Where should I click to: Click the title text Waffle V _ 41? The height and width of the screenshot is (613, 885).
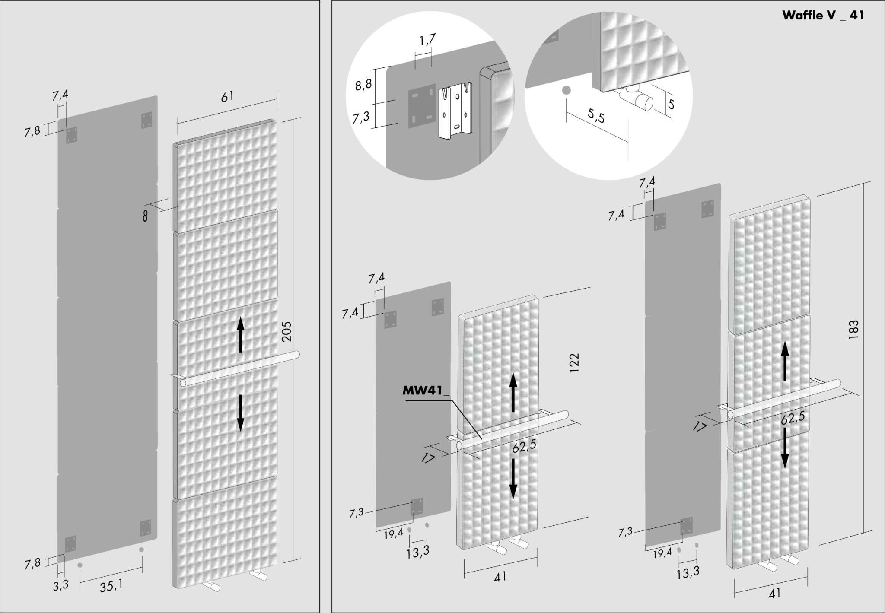(823, 16)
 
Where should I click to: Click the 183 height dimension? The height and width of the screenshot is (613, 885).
(853, 330)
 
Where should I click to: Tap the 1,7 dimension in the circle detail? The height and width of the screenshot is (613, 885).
(427, 40)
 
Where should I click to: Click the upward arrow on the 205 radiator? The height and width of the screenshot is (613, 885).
(241, 335)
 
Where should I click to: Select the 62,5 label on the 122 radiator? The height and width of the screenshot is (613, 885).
(525, 446)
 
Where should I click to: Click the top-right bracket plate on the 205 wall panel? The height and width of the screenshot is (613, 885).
(146, 120)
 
